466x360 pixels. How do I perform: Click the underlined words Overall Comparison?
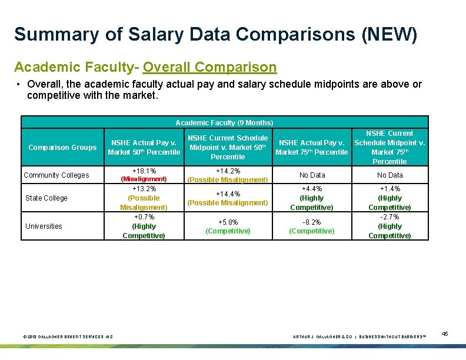[209, 67]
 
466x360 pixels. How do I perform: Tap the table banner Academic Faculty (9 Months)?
[224, 122]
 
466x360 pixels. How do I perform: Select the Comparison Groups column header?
[62, 148]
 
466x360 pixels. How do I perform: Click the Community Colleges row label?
[56, 175]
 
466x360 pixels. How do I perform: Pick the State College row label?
[46, 198]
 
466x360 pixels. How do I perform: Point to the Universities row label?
[44, 226]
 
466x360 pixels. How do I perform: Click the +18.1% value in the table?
[144, 171]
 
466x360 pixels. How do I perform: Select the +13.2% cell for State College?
[144, 189]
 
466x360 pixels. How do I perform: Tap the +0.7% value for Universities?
[144, 217]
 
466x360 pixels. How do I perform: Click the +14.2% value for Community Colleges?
[228, 171]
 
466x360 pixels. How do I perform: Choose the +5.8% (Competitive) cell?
[228, 226]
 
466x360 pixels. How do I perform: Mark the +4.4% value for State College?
[312, 189]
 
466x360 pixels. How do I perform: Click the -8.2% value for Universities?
[312, 222]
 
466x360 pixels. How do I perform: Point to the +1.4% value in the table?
[390, 189]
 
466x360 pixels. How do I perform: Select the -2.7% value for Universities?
[390, 217]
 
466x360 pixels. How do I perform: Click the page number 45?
[445, 334]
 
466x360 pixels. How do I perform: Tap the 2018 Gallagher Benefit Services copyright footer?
[68, 336]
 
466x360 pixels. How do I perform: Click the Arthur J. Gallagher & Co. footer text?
[322, 336]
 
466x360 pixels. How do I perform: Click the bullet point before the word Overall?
[19, 84]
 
